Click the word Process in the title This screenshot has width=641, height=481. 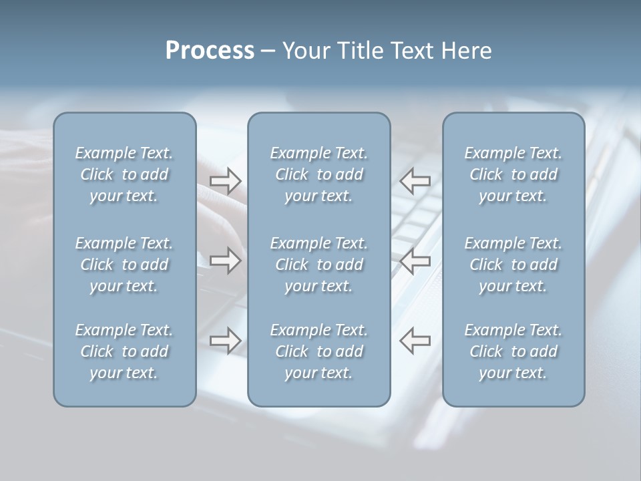[210, 51]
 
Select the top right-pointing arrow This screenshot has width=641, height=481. [225, 180]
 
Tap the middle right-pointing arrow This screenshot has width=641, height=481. [225, 261]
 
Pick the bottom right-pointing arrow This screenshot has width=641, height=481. [225, 341]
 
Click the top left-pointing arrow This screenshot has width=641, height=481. [415, 180]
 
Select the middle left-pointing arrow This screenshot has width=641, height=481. [415, 261]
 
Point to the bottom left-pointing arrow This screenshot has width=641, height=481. [415, 341]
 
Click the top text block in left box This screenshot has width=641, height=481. [124, 174]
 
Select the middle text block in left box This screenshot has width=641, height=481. [124, 265]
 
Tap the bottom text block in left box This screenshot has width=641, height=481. [124, 351]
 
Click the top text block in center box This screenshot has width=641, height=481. [319, 174]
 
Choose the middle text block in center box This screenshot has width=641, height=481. [319, 265]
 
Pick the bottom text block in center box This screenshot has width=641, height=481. [319, 351]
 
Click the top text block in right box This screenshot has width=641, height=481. [513, 174]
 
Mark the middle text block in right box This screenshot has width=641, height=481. [513, 265]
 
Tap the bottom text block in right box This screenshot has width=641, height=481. [513, 351]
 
